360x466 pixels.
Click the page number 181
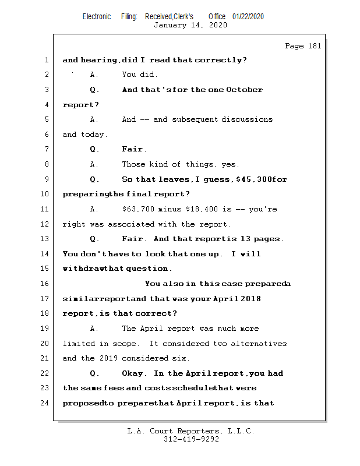[x=314, y=47]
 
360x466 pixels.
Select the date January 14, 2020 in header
[x=190, y=25]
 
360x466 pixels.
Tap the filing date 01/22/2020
[x=248, y=16]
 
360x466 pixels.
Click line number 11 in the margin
[x=45, y=209]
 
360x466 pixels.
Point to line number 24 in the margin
[x=45, y=403]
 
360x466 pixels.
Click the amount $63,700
[x=139, y=209]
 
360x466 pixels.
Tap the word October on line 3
[x=244, y=90]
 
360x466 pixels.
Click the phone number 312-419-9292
[x=191, y=440]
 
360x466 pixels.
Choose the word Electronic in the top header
[x=97, y=16]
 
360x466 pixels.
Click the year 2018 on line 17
[x=249, y=299]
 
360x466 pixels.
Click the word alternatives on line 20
[x=259, y=344]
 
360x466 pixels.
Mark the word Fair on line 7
[x=133, y=149]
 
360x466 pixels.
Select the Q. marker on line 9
[x=95, y=179]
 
